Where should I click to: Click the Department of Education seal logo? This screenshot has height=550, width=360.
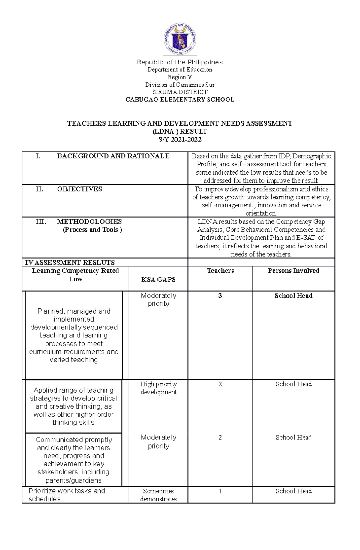pos(180,39)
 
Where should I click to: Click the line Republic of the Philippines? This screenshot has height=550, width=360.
pos(180,62)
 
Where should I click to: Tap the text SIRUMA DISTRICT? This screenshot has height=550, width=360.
pos(180,92)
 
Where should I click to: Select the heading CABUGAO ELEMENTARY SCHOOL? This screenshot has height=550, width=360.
pos(180,100)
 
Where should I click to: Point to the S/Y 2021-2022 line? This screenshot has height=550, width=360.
pos(180,139)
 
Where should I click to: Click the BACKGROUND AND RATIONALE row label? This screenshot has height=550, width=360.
pos(113,156)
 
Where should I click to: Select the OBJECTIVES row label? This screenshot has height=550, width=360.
pos(79,189)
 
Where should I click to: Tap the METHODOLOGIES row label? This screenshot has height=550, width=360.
pos(89,221)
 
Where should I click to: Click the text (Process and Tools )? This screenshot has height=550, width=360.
pos(92,230)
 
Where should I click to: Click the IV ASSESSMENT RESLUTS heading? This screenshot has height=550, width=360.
pos(70,263)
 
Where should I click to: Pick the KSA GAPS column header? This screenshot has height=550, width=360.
pos(158,279)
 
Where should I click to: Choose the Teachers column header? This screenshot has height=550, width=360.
pos(220,271)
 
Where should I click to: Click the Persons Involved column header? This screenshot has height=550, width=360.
pos(293,271)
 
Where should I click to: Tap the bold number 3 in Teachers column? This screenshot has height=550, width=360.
pos(220,296)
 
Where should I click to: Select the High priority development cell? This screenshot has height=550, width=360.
pos(158,388)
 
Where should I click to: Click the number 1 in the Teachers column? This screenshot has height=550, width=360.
pos(220,491)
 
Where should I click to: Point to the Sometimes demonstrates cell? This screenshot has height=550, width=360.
pos(158,495)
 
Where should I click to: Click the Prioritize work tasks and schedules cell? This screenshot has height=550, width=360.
pos(67,495)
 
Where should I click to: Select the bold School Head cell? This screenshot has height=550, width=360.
pos(293,296)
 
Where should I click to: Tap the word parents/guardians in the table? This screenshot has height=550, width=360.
pos(73,480)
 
